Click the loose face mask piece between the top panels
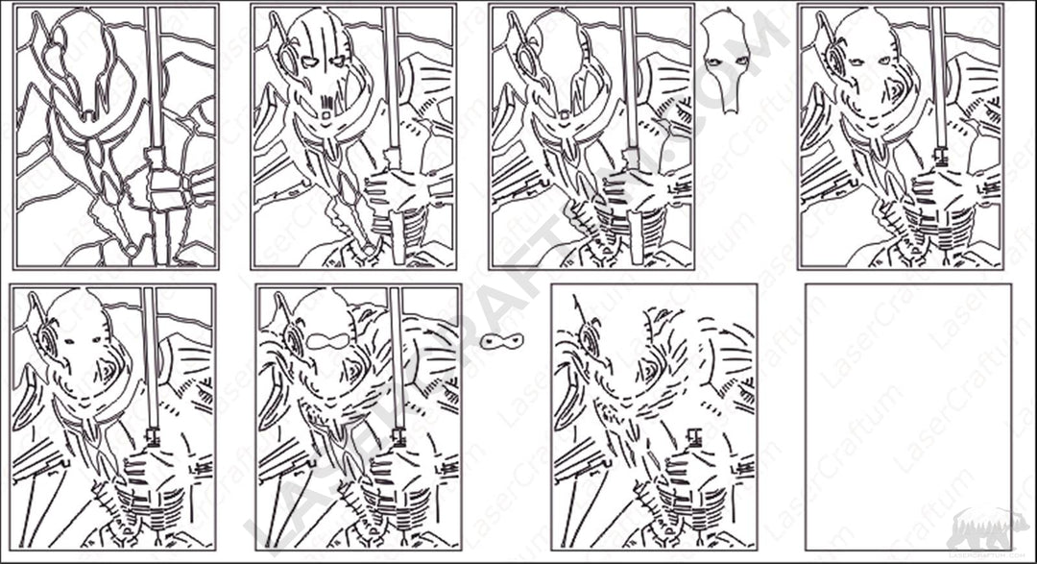pyautogui.click(x=725, y=62)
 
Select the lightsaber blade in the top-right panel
pyautogui.click(x=937, y=77)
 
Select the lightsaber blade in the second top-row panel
pyautogui.click(x=391, y=77)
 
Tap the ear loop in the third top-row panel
pyautogui.click(x=528, y=63)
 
